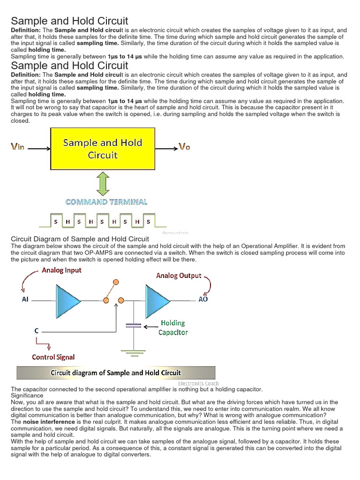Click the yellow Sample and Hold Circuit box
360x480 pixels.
click(102, 149)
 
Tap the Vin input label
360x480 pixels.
click(18, 147)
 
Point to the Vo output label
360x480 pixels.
click(185, 147)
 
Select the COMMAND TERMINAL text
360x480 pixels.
click(106, 202)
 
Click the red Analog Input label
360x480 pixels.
click(61, 270)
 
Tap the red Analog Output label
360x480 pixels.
click(179, 276)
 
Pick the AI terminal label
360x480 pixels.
click(25, 299)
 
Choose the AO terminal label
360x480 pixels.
click(203, 299)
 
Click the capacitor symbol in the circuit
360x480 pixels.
click(134, 325)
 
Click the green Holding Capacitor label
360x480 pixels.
click(173, 328)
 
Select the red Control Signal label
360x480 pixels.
click(53, 357)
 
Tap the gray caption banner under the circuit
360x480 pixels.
click(116, 373)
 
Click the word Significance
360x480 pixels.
click(27, 396)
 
